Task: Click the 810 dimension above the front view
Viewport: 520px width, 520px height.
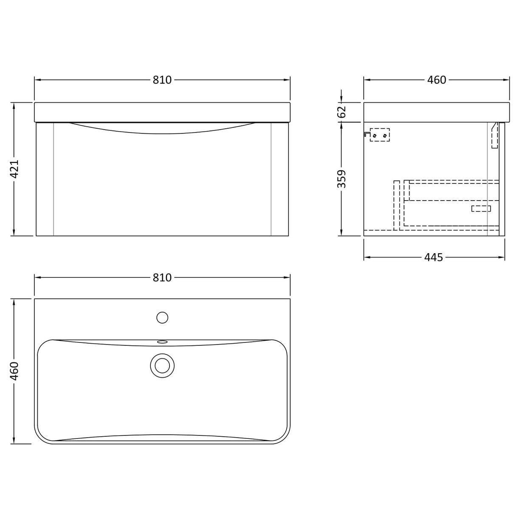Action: tap(162, 80)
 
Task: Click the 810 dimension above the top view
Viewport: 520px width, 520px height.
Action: tap(162, 277)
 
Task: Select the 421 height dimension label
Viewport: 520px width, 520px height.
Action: tap(15, 170)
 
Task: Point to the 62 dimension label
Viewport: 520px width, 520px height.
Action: tap(342, 112)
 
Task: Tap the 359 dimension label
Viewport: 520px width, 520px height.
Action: tap(342, 179)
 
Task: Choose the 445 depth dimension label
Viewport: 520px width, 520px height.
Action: tap(434, 257)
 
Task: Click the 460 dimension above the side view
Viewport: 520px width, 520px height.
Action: tap(437, 80)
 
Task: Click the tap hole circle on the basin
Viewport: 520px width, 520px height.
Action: tap(162, 317)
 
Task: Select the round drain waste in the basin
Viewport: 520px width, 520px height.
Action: tap(162, 365)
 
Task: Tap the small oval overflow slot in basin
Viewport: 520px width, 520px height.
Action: tap(162, 341)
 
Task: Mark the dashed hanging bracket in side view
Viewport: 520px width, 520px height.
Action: tap(379, 135)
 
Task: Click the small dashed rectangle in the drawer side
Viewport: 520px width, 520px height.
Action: tap(481, 208)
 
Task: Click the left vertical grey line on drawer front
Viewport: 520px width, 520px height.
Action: tap(54, 178)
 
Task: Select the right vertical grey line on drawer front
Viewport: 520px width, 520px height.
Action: tap(271, 178)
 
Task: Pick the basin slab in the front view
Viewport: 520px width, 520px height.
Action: tap(162, 112)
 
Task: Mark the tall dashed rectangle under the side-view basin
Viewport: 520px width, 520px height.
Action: tap(495, 135)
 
